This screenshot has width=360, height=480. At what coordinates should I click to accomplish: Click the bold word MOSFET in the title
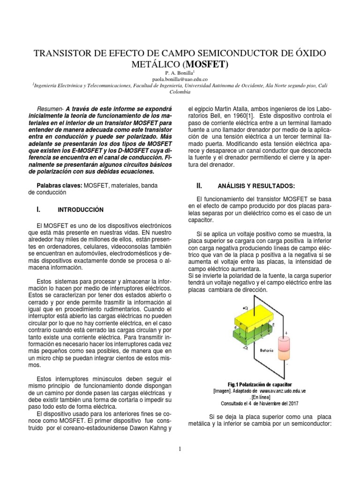click(x=206, y=64)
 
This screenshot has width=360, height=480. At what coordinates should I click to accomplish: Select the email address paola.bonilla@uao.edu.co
click(x=180, y=80)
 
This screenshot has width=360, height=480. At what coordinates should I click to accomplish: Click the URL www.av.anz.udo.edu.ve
click(x=283, y=390)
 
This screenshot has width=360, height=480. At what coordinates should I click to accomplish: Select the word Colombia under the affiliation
click(x=180, y=92)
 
